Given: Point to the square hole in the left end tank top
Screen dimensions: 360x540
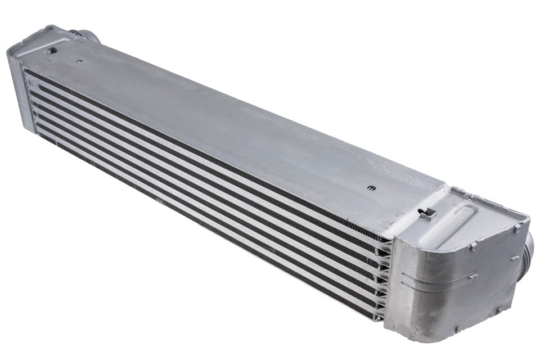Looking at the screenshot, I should click(52, 50).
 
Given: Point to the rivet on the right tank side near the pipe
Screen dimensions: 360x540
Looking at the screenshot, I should click(515, 258).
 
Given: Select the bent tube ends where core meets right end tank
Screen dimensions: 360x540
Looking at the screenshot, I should click(385, 276).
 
